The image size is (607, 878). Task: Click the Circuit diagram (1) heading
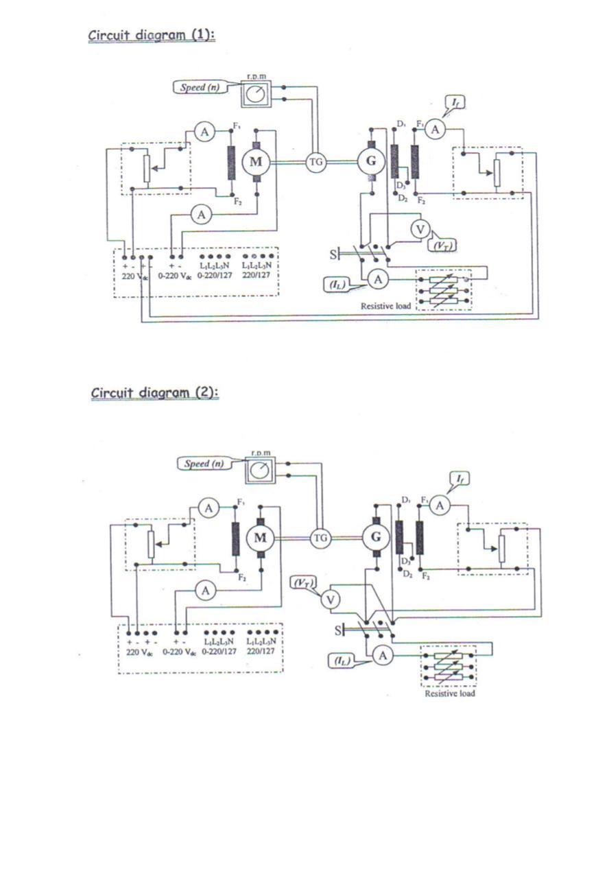152,35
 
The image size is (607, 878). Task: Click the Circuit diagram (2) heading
154,392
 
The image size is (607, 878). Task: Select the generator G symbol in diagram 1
371,162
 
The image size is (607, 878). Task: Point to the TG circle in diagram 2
320,538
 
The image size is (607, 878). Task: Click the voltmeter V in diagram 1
420,230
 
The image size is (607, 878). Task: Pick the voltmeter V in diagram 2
331,600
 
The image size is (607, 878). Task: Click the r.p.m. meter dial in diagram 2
259,470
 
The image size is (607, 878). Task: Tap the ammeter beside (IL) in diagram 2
383,656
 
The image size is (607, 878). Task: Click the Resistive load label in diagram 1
386,306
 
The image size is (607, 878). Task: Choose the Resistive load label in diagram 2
449,693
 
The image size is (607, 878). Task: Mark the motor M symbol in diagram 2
260,538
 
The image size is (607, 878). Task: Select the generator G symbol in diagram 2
375,538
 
